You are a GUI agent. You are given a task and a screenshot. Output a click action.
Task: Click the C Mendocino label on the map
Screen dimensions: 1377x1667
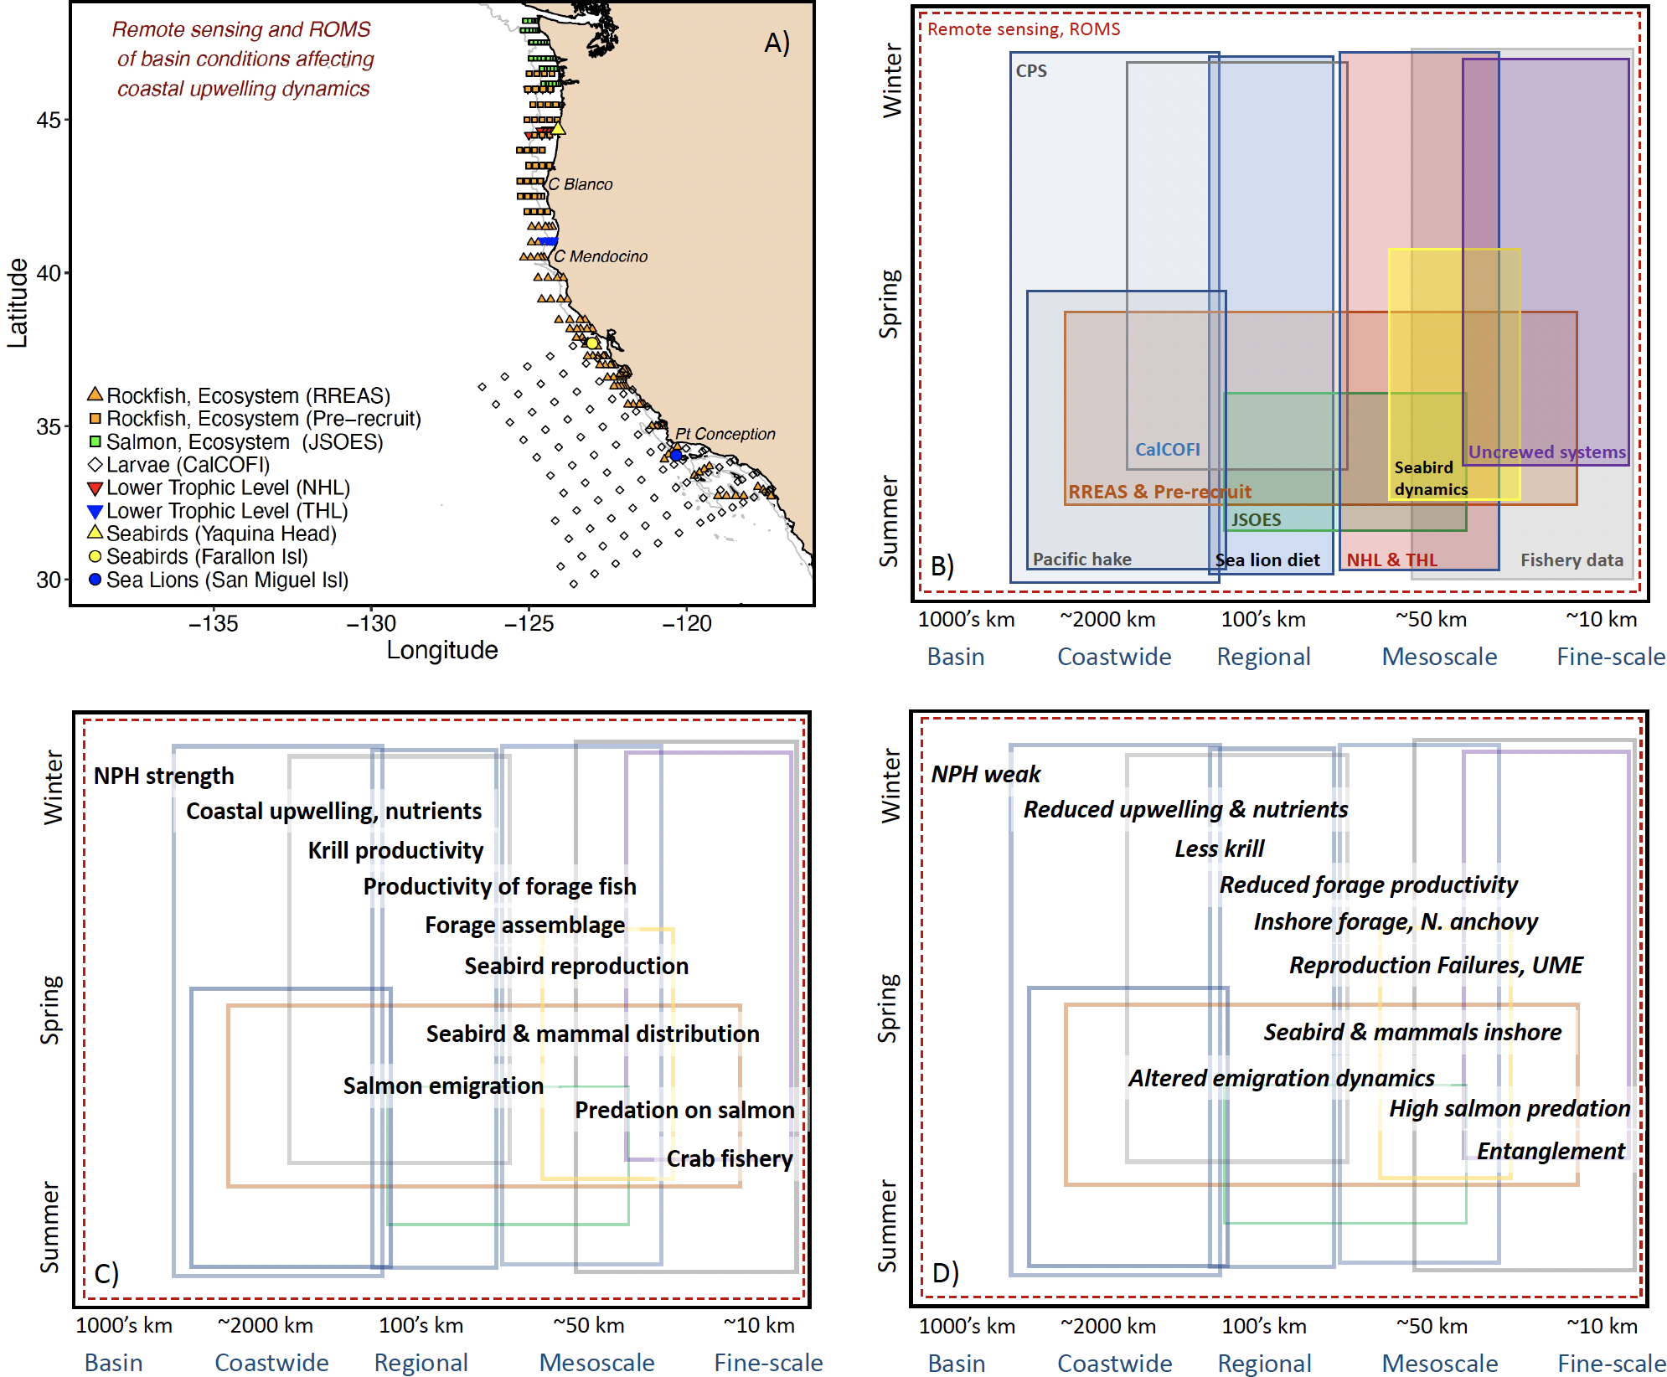(x=601, y=256)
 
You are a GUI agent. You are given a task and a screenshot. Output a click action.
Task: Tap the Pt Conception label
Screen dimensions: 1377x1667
(x=725, y=434)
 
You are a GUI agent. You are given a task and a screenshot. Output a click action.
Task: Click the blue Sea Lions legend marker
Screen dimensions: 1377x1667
(x=95, y=580)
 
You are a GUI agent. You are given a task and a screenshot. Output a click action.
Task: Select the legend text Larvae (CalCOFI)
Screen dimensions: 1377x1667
(x=188, y=465)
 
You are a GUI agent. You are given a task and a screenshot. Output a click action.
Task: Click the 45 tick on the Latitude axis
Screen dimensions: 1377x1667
(x=49, y=120)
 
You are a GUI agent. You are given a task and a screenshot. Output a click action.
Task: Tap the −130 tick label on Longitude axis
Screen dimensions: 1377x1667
(x=371, y=623)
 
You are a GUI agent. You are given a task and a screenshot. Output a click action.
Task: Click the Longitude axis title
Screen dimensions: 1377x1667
(x=441, y=650)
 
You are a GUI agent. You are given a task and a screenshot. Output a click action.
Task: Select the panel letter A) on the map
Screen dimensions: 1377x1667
(x=777, y=43)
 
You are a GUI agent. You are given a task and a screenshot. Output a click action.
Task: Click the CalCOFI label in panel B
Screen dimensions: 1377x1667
(x=1167, y=450)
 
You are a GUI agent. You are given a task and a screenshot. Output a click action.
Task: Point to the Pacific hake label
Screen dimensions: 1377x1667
(x=1081, y=559)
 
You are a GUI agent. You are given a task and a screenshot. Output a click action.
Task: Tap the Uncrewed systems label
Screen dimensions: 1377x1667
(x=1546, y=452)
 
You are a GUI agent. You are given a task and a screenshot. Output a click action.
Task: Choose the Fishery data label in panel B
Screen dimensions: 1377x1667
(x=1572, y=560)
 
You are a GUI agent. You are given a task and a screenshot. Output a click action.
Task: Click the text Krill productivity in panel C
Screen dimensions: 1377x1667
(x=395, y=850)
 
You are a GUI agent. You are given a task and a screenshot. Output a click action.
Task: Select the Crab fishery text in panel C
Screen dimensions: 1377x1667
(x=729, y=1158)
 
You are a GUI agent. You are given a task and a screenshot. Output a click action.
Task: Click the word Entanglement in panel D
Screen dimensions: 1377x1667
(x=1550, y=1151)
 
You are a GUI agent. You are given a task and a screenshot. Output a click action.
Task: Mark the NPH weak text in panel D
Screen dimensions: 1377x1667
(x=985, y=774)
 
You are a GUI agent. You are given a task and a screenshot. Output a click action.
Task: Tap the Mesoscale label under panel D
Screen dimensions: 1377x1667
(x=1439, y=1363)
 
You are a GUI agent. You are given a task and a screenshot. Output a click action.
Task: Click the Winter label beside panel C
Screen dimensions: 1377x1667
(x=53, y=787)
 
